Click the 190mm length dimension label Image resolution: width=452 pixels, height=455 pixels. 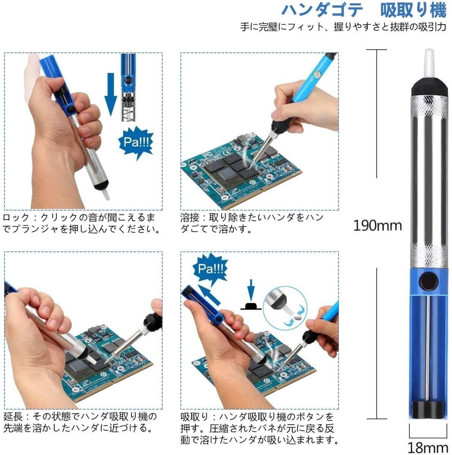click(377, 226)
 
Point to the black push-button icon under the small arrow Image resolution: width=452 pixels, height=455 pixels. click(251, 306)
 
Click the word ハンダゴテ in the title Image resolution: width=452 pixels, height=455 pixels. click(323, 10)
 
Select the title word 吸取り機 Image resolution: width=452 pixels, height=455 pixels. click(413, 10)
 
